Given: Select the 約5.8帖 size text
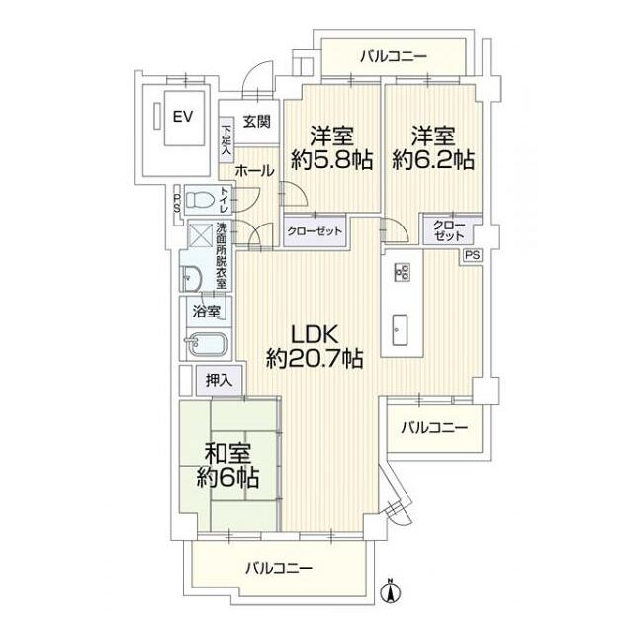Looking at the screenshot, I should [330, 160].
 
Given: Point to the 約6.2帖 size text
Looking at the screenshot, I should [432, 160].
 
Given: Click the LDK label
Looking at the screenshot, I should [315, 334].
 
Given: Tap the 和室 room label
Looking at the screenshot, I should [226, 454].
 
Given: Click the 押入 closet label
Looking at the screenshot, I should [219, 379].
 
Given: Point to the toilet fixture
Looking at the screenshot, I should [201, 200].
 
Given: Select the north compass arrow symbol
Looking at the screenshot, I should [390, 591].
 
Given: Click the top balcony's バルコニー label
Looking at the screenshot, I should [393, 55].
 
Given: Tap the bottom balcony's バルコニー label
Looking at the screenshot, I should [279, 569].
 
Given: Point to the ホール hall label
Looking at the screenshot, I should [254, 170].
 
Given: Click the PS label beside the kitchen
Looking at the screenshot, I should [472, 255].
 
